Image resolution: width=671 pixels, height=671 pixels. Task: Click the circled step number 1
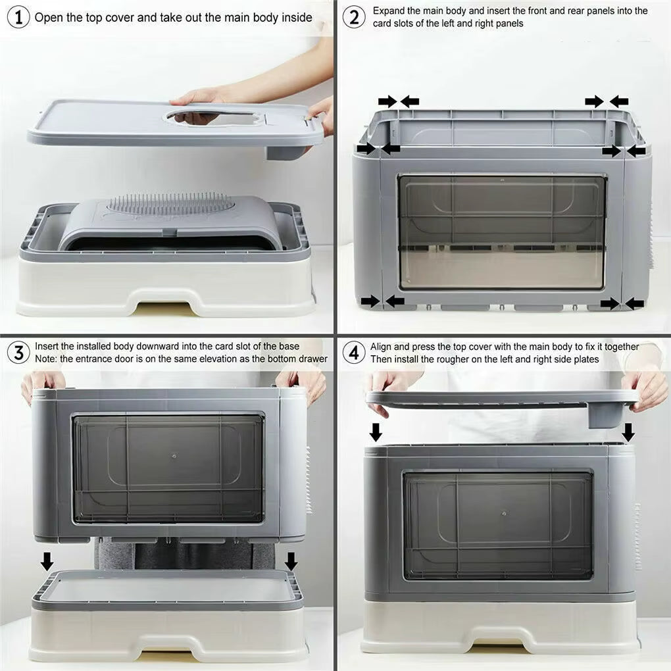point(18,16)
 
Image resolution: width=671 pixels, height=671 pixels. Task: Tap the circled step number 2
point(354,16)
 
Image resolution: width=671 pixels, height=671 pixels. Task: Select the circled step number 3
point(18,352)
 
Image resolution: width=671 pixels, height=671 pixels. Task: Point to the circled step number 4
point(354,352)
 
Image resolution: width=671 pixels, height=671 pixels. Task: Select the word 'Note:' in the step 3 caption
point(47,359)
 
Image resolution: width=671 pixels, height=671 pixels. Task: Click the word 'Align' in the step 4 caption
point(382,347)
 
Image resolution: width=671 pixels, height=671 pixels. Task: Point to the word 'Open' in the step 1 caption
point(48,17)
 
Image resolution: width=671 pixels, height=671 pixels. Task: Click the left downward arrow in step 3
point(47,561)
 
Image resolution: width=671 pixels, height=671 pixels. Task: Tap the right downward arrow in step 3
point(291,561)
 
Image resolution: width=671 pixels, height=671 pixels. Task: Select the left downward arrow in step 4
point(376,432)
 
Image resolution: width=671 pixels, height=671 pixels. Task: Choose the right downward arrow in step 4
point(628,432)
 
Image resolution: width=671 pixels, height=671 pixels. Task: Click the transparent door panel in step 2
point(502,232)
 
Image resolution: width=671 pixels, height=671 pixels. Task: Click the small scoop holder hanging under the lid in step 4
point(605,414)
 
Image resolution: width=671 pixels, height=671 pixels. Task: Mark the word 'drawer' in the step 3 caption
point(312,359)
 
